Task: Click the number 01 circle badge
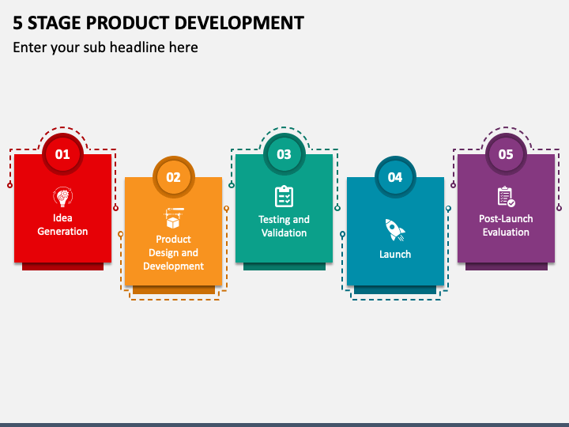click(x=62, y=154)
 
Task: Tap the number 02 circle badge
click(x=173, y=177)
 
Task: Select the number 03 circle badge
click(x=284, y=154)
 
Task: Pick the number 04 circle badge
click(x=394, y=177)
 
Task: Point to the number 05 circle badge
click(x=506, y=154)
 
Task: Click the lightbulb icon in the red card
click(x=62, y=196)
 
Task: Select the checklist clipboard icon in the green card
click(x=284, y=196)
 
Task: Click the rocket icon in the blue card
click(x=394, y=230)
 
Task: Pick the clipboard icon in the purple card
click(x=506, y=196)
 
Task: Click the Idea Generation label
click(x=62, y=225)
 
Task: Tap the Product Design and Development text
click(x=173, y=253)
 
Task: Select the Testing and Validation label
click(x=284, y=226)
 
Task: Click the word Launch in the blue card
click(x=394, y=255)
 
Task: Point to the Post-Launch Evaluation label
click(x=506, y=225)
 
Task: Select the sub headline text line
click(x=105, y=47)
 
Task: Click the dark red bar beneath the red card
click(x=62, y=266)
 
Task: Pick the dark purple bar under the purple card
click(x=506, y=266)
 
